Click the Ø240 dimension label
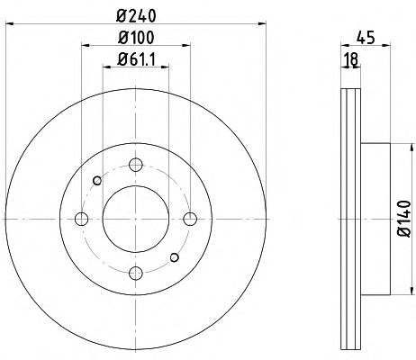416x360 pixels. point(136,16)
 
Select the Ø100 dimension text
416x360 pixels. point(136,38)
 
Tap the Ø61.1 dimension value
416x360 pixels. point(136,59)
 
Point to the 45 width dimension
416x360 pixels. point(366,38)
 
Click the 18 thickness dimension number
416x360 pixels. point(351,59)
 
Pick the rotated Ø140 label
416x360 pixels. point(404,219)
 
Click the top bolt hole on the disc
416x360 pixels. point(136,165)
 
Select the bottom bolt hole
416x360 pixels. point(136,273)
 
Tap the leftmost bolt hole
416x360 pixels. point(81,219)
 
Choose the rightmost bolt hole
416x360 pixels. point(190,219)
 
